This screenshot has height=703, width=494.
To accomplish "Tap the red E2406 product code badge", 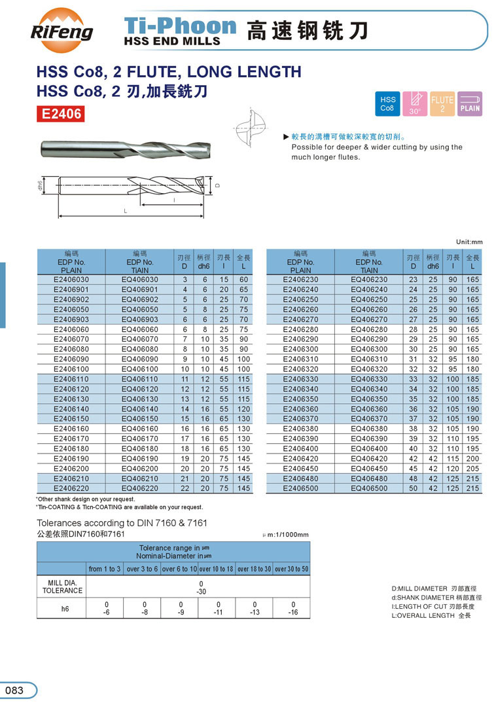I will (62, 114).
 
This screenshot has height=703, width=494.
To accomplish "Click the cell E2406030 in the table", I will (71, 279).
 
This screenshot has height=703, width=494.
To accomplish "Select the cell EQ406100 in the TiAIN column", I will (140, 370).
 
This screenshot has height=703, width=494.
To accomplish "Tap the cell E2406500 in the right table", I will (300, 488).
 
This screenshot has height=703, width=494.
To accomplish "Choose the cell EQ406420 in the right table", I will (369, 458).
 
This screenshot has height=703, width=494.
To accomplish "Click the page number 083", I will (14, 691).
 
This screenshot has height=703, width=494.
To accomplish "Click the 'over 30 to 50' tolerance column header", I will (291, 569).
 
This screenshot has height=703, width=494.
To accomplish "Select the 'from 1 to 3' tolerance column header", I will (105, 569).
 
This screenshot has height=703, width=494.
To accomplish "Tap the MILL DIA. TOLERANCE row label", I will (62, 586).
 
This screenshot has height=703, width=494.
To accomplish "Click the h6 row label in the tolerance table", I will (62, 609).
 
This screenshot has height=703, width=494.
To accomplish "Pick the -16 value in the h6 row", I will (293, 613).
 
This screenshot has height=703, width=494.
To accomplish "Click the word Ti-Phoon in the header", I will (180, 26).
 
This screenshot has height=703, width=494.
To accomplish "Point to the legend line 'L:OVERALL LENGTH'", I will (431, 616).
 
